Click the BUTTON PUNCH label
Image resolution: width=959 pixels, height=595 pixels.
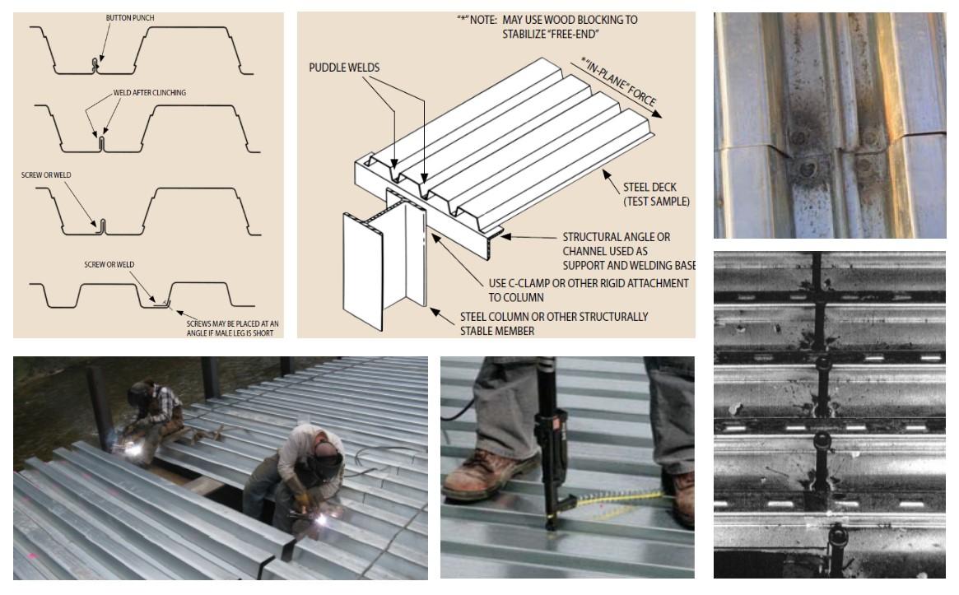(129, 17)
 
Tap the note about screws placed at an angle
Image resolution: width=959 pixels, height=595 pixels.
(233, 328)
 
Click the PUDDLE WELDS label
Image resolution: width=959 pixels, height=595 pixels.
(345, 67)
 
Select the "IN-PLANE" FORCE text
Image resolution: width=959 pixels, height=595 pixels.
(620, 83)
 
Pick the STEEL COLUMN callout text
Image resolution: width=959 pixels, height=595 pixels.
(553, 323)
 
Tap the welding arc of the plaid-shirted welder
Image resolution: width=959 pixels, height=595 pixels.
(132, 425)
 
